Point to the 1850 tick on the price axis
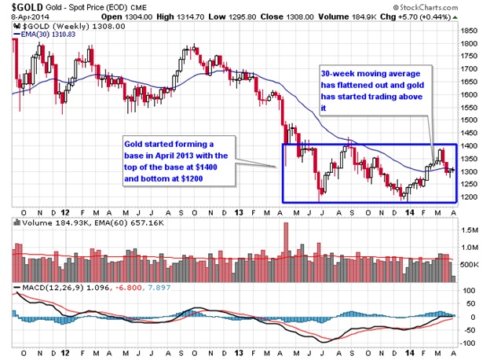point(469,31)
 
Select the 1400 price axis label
point(469,145)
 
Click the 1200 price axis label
point(469,197)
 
